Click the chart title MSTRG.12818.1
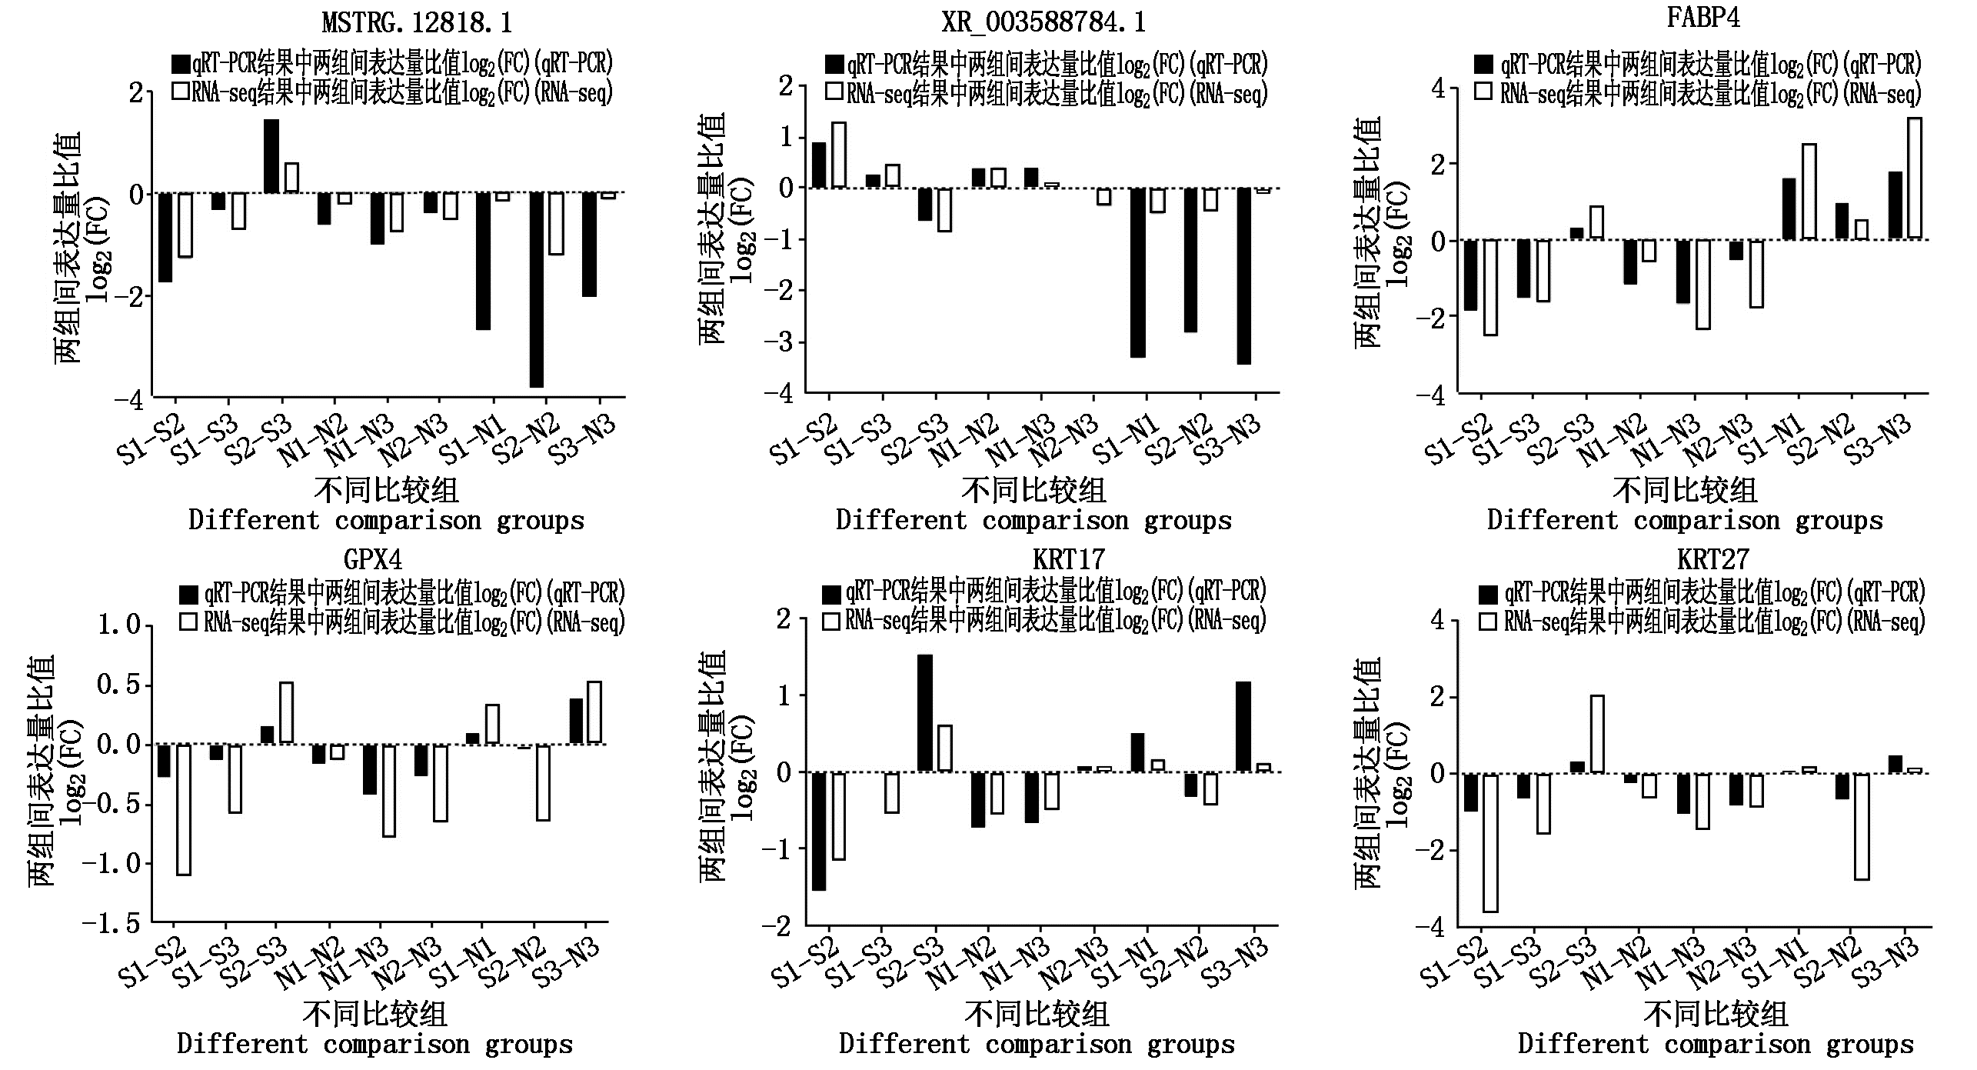[417, 22]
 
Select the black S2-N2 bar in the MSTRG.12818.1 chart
[536, 289]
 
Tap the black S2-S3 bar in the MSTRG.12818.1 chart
[271, 156]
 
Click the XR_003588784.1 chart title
[1043, 22]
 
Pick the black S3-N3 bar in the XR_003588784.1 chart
[1243, 275]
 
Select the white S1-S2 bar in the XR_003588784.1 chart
[838, 155]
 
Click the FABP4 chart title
[1702, 17]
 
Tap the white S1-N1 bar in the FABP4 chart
[1808, 192]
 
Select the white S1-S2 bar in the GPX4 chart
[184, 809]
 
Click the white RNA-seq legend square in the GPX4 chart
[188, 622]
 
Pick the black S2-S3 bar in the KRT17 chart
[924, 712]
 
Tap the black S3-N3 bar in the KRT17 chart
[1243, 726]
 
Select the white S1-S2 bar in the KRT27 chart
[1490, 842]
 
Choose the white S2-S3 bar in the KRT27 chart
[1596, 734]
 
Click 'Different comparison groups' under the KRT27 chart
[1715, 1045]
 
